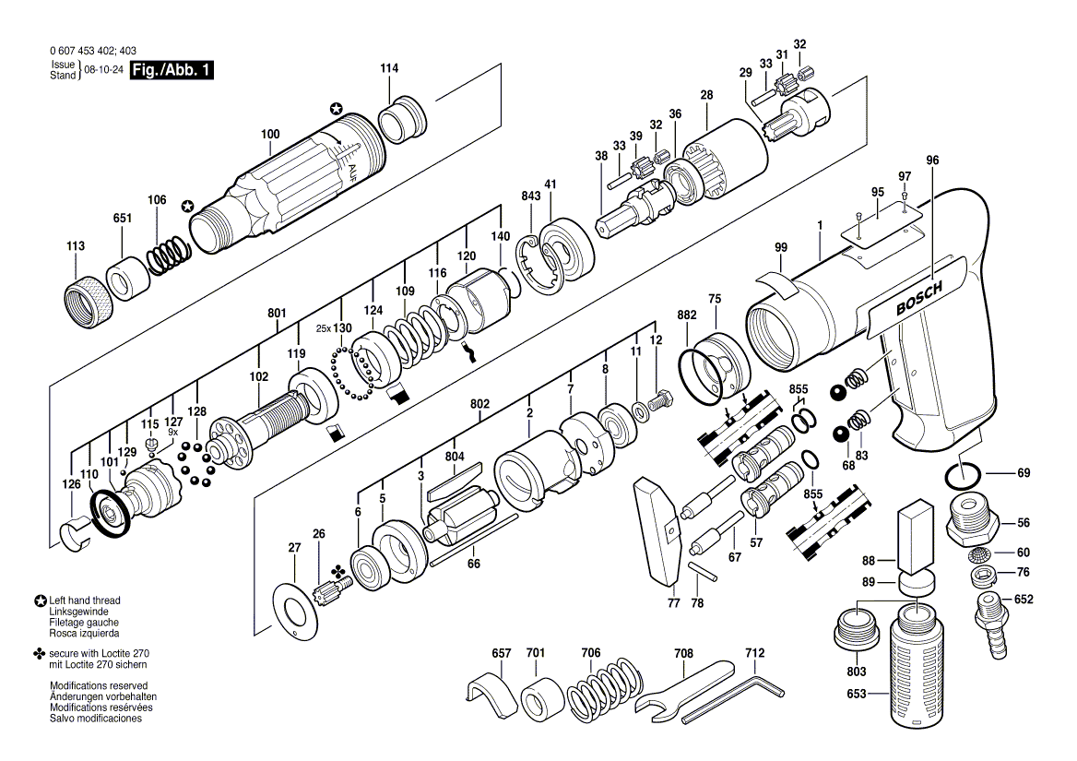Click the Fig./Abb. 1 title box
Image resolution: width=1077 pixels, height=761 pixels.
pyautogui.click(x=172, y=70)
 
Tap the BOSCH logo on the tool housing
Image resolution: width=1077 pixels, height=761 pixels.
pyautogui.click(x=919, y=298)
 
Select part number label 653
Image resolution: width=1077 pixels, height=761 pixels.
pyautogui.click(x=857, y=694)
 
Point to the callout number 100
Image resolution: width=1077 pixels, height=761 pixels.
pyautogui.click(x=270, y=134)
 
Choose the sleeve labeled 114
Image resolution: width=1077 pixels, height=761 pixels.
pyautogui.click(x=401, y=119)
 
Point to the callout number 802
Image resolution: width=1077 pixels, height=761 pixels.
pyautogui.click(x=480, y=404)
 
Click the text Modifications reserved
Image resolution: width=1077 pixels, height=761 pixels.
pyautogui.click(x=99, y=685)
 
